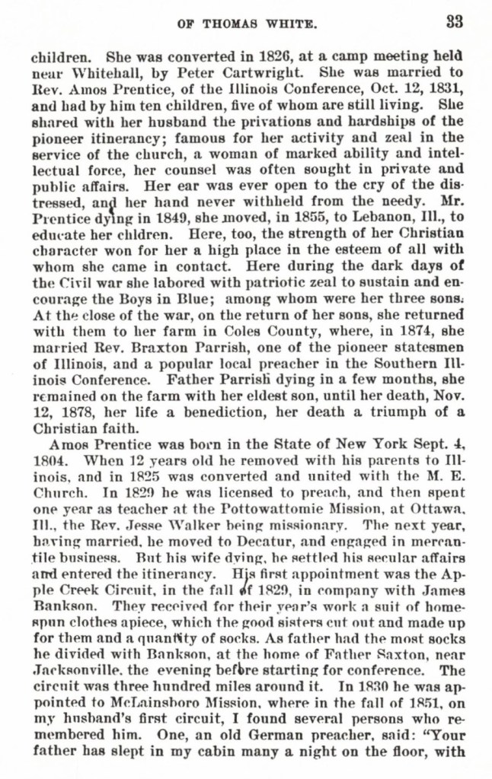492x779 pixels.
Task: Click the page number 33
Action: [x=454, y=22]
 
